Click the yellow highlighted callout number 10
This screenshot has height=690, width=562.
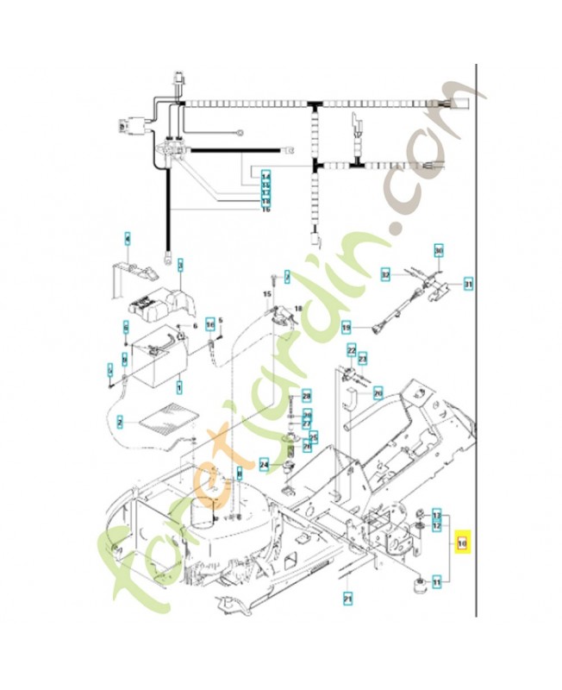coord(462,544)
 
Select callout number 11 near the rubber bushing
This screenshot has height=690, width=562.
coord(437,583)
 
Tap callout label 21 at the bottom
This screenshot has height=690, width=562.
coord(347,598)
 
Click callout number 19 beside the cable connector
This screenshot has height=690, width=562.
coord(347,328)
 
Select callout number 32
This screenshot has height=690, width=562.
coord(386,275)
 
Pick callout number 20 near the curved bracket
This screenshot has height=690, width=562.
coord(378,392)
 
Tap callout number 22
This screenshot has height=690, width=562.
coord(352,349)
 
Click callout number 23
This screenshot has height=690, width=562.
coord(363,357)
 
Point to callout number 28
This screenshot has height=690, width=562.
coord(306,395)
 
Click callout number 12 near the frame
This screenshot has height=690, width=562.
coord(437,524)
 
